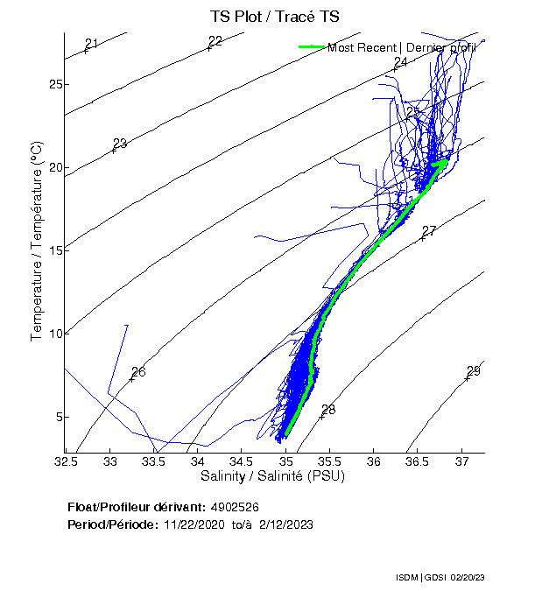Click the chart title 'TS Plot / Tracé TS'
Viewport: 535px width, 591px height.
[274, 18]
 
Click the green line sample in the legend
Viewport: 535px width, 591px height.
[312, 47]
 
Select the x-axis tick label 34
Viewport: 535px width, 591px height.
[198, 461]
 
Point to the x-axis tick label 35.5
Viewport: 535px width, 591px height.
[329, 461]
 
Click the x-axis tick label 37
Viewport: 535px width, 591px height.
[461, 461]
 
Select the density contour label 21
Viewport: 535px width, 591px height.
[92, 44]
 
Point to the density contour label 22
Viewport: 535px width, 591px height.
[215, 41]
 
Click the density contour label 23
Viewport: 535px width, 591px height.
[120, 144]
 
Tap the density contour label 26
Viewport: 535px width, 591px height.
[138, 372]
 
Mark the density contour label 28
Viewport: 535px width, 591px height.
[328, 410]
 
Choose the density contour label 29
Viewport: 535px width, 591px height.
[474, 371]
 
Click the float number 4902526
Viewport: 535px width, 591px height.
[235, 507]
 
